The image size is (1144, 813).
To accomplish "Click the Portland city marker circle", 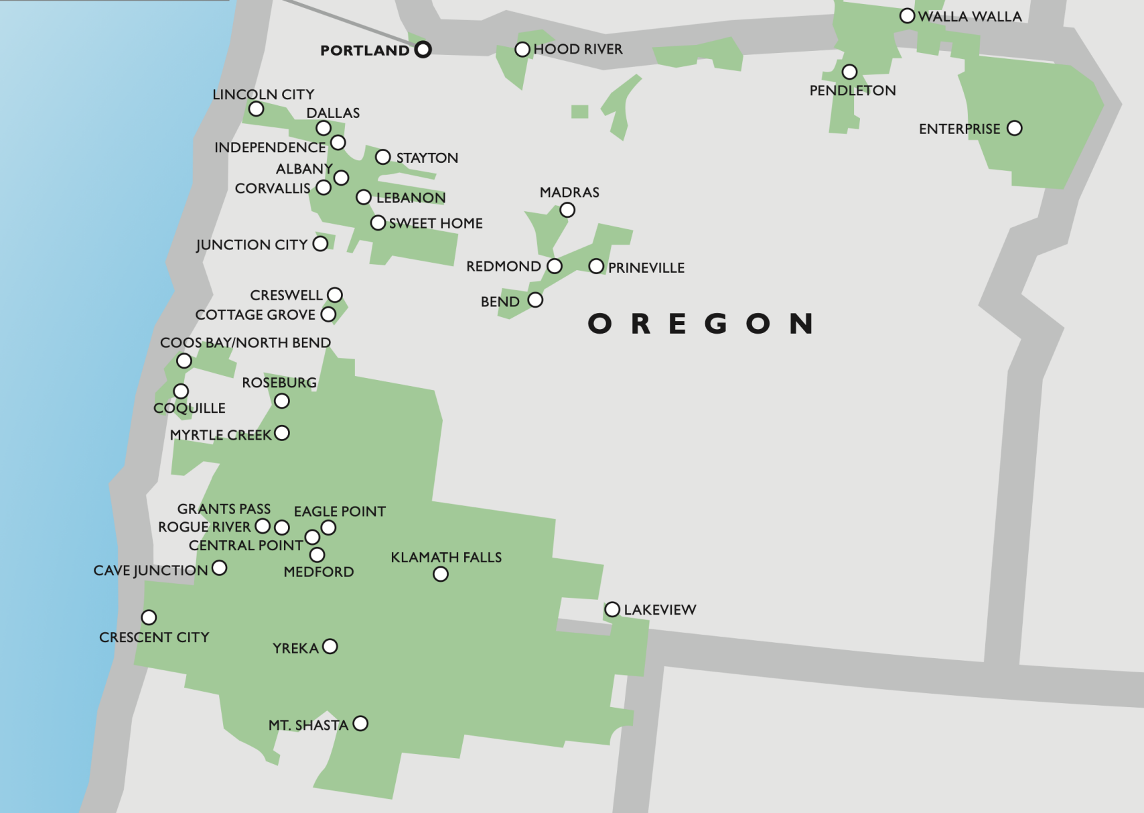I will click(x=423, y=50).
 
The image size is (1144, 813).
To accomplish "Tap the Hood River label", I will click(x=577, y=49).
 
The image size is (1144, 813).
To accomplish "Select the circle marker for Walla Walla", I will click(x=907, y=16).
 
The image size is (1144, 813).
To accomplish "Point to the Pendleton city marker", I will click(x=849, y=72).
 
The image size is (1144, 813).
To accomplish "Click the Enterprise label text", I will click(x=959, y=129).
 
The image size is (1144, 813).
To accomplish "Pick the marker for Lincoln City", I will click(x=256, y=109).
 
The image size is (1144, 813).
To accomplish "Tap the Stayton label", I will click(x=427, y=158).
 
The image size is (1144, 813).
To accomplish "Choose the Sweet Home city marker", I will click(x=378, y=223).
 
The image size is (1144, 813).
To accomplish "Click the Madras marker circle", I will click(x=567, y=210).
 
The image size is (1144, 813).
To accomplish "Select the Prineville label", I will click(x=646, y=268).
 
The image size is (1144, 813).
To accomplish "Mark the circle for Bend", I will click(x=535, y=300).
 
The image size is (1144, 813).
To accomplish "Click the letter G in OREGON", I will click(x=716, y=324).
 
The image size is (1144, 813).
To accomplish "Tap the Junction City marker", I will click(x=321, y=243).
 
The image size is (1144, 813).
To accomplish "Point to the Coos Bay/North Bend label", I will click(x=245, y=343).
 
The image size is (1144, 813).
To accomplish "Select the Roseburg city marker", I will click(x=282, y=401).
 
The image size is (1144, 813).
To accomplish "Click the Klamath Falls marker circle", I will click(x=441, y=574).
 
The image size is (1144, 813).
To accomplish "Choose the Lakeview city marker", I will click(x=612, y=609).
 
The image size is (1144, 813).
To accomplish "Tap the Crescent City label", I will click(x=154, y=637).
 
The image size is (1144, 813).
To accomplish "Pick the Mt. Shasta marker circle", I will click(x=360, y=724).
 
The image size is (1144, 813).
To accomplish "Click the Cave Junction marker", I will click(x=219, y=568).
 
